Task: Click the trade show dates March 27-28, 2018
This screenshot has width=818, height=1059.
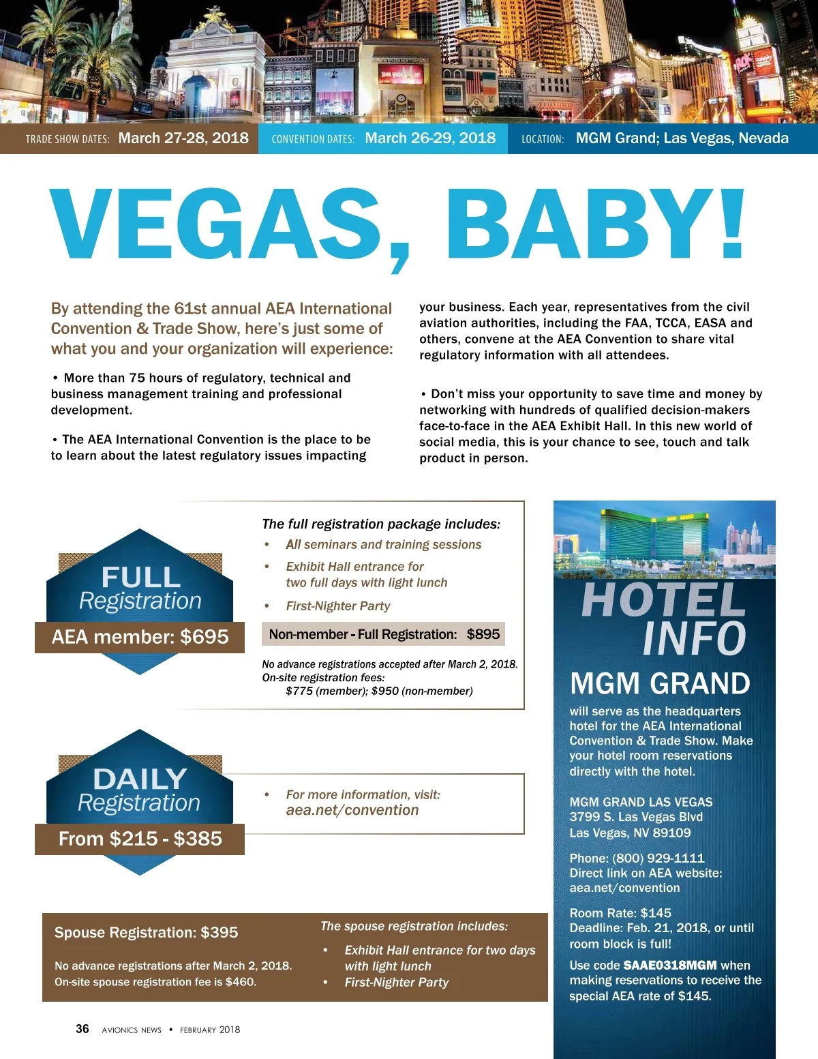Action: pyautogui.click(x=183, y=138)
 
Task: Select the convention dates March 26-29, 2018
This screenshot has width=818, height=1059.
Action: pyautogui.click(x=430, y=138)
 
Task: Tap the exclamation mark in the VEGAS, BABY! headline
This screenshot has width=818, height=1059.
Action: pyautogui.click(x=732, y=224)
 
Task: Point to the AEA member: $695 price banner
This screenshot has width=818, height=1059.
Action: pyautogui.click(x=140, y=637)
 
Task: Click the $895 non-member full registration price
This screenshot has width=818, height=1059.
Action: pyautogui.click(x=483, y=634)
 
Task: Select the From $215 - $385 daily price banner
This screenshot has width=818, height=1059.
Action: pyautogui.click(x=140, y=839)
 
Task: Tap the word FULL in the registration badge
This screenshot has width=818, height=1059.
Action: pyautogui.click(x=140, y=578)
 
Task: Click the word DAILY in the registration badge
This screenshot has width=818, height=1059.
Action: pyautogui.click(x=140, y=779)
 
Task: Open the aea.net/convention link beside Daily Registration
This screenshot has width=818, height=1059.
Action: pyautogui.click(x=352, y=810)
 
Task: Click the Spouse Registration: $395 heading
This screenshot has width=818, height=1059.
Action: pyautogui.click(x=146, y=932)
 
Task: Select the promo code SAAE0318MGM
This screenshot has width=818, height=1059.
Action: pyautogui.click(x=669, y=966)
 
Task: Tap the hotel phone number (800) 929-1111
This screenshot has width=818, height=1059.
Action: pyautogui.click(x=658, y=859)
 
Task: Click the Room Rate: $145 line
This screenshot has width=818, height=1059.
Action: pyautogui.click(x=620, y=913)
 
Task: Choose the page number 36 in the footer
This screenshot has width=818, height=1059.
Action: pyautogui.click(x=82, y=1029)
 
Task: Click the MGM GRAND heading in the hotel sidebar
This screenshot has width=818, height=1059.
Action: pyautogui.click(x=659, y=683)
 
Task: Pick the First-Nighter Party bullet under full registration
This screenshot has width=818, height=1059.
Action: pyautogui.click(x=337, y=606)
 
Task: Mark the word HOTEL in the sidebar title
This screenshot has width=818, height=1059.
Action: pyautogui.click(x=663, y=600)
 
